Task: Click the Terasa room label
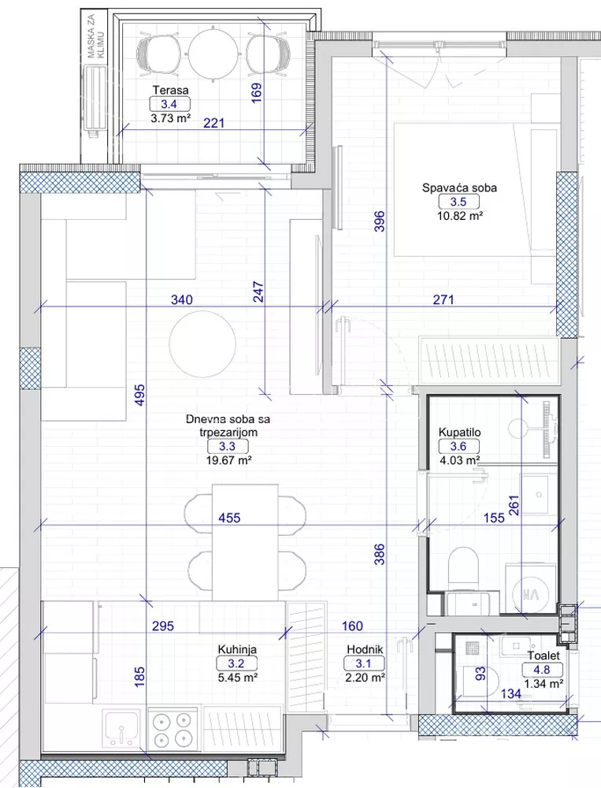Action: coord(170,91)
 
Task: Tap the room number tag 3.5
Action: coord(458,202)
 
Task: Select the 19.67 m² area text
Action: coord(228,460)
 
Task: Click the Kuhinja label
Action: coord(237,649)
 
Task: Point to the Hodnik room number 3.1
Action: coord(363,663)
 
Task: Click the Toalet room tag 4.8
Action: coord(542,670)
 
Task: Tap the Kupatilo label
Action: coord(459,432)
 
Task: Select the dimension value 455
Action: coord(229,518)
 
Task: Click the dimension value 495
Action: coord(139,395)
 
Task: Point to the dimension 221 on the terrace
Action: coord(213,123)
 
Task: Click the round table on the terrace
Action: coord(213,53)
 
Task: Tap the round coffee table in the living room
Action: coord(202,344)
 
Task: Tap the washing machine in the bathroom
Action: coord(530,589)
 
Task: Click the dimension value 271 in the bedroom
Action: coord(443,300)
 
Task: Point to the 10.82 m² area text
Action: coord(460,216)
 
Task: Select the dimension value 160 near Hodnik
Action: coord(352,626)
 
